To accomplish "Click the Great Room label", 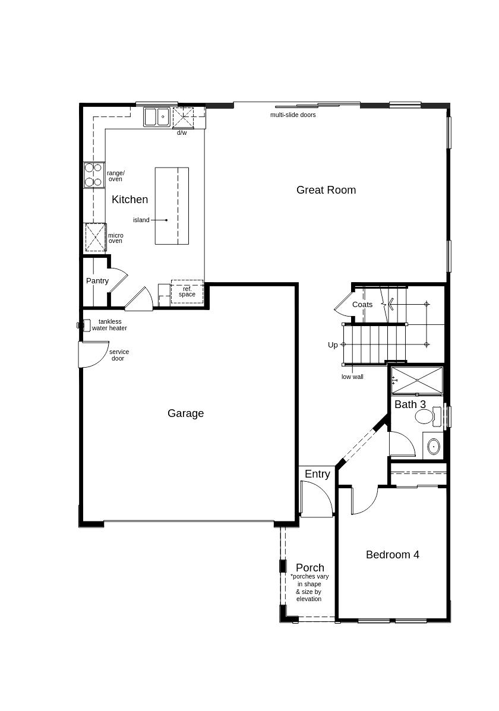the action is click(326, 190).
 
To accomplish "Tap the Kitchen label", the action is click(130, 200).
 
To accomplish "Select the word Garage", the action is click(185, 413).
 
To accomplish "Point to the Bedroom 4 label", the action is click(393, 555).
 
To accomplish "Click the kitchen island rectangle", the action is click(172, 206).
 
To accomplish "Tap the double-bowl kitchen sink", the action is click(157, 117).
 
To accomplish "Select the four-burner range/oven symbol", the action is click(94, 175).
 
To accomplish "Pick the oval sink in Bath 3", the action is click(434, 447).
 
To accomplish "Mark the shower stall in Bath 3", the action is click(416, 380).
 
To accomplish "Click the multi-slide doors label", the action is click(293, 115).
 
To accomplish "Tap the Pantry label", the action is click(97, 281).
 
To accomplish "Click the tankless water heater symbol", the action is click(84, 325).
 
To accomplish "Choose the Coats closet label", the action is click(362, 305).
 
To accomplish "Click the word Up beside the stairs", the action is click(333, 345).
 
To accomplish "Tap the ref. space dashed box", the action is click(187, 292).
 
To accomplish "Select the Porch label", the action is click(310, 568).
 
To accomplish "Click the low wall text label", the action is click(352, 377).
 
